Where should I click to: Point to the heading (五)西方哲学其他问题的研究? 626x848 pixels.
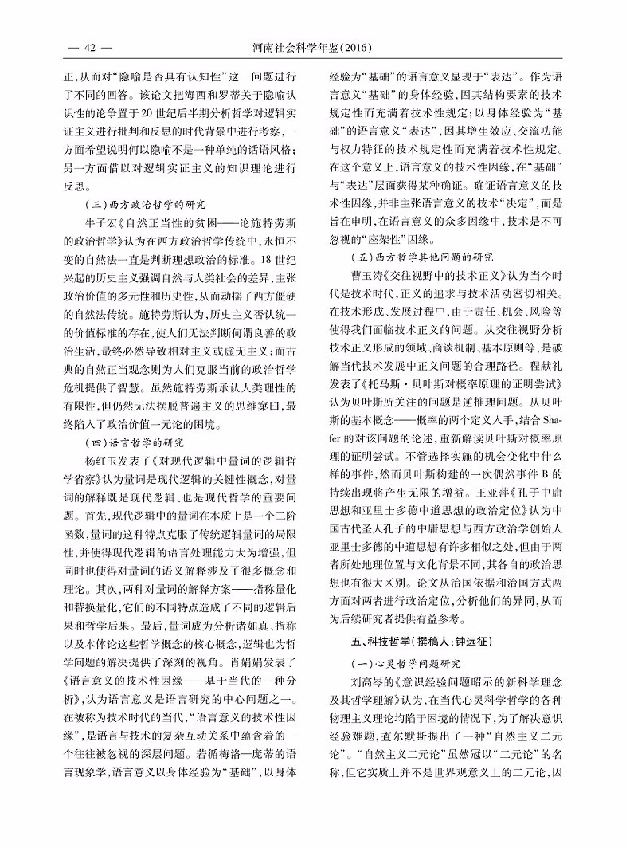click(x=423, y=257)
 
